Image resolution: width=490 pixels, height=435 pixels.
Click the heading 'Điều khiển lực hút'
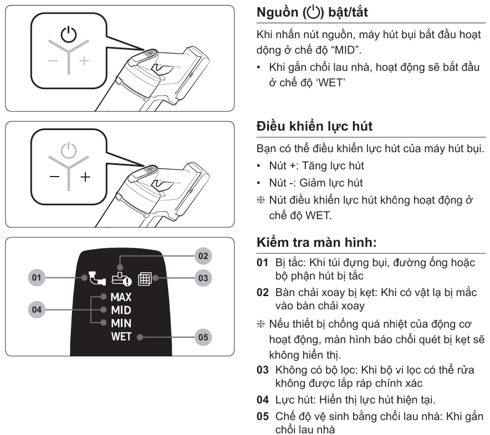click(x=315, y=127)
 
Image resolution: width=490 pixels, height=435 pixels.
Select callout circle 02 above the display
click(x=204, y=256)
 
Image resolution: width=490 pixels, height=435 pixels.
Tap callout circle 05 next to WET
click(x=204, y=336)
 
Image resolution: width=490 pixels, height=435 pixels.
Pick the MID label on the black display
click(x=121, y=310)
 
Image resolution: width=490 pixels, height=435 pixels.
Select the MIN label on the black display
click(x=120, y=323)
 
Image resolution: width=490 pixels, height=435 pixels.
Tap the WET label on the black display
click(x=121, y=336)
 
